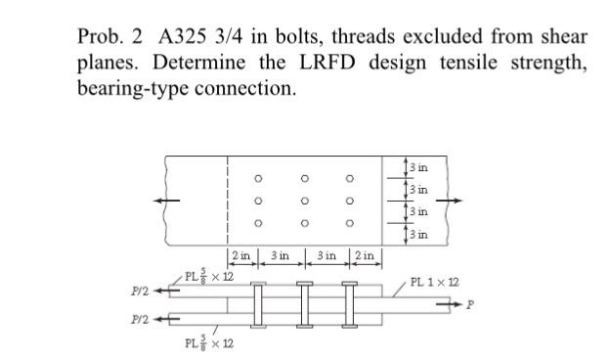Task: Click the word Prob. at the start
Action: coord(102,36)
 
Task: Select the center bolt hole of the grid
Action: coord(304,201)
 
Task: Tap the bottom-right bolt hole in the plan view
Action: coord(351,223)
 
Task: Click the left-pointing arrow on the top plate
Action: coord(180,202)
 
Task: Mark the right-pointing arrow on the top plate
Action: coord(446,202)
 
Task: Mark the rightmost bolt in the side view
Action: coord(350,305)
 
